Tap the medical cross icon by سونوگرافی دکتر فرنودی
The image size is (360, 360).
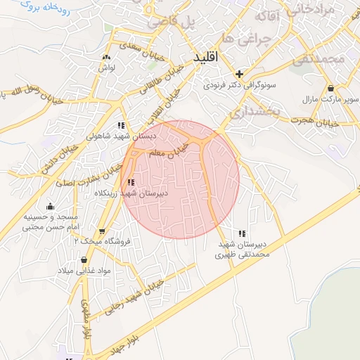coord(240,73)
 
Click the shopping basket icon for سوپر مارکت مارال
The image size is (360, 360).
coord(330,89)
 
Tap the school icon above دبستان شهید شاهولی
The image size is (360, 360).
coord(123,125)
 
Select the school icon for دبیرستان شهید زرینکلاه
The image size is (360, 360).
coord(131,182)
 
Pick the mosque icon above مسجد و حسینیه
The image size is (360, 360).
coord(50,207)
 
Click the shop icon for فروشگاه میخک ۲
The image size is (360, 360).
coord(103,231)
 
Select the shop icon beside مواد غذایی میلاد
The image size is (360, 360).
coord(84,260)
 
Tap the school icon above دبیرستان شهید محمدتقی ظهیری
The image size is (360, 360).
coord(242,233)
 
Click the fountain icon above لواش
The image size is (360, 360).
coord(106,57)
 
